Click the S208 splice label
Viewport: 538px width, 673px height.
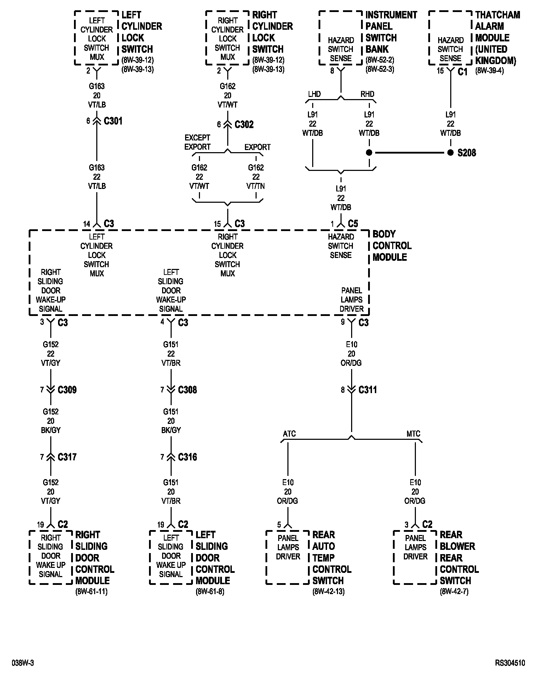click(467, 153)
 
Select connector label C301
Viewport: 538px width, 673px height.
click(113, 121)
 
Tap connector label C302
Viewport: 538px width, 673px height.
click(244, 125)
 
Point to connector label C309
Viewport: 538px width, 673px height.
click(67, 390)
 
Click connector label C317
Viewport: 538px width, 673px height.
click(67, 457)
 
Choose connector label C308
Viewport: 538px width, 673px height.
click(187, 390)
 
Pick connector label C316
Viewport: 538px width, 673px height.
click(187, 457)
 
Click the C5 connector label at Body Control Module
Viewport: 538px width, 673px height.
click(353, 224)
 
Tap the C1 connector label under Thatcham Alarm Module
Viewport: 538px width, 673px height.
click(463, 71)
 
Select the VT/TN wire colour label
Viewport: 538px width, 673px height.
click(256, 186)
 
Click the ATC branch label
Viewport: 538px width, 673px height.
click(289, 434)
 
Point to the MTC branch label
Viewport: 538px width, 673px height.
click(413, 434)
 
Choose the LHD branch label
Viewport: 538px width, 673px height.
click(314, 94)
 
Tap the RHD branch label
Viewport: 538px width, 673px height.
click(367, 94)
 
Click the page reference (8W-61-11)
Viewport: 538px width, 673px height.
click(91, 591)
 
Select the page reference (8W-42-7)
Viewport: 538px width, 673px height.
click(454, 591)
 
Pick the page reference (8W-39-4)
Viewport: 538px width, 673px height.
click(490, 70)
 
